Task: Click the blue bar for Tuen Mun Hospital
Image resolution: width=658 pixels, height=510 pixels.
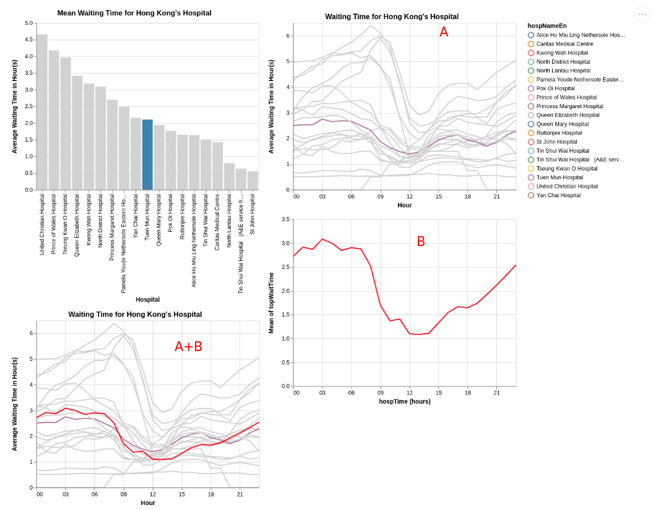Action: click(147, 155)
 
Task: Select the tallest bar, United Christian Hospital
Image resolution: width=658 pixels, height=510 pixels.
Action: click(42, 113)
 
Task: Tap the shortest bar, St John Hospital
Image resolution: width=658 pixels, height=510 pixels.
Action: click(253, 181)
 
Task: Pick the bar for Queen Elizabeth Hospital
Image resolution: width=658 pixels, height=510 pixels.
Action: click(77, 133)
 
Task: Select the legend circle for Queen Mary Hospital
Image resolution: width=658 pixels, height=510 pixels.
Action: click(531, 124)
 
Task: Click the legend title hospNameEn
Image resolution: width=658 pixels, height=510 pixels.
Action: click(547, 26)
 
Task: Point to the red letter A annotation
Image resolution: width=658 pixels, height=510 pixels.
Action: click(444, 32)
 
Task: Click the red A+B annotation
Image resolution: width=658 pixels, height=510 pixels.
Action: click(188, 347)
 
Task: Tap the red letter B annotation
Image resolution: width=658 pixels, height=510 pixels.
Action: click(421, 241)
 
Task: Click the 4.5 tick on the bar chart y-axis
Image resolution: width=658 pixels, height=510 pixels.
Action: click(28, 40)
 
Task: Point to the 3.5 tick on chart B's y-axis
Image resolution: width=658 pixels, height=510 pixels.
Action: click(285, 219)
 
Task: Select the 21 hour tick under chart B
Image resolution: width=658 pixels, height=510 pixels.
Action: click(496, 393)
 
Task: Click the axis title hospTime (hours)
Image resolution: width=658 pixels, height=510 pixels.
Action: click(405, 401)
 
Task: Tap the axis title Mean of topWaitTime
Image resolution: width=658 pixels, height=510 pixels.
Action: click(271, 303)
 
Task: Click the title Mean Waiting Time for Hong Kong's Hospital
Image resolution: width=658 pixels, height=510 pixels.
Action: click(134, 13)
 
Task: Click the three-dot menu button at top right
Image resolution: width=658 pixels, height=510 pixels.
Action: click(642, 14)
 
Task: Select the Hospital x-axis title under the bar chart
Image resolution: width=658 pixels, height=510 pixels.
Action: click(148, 300)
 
